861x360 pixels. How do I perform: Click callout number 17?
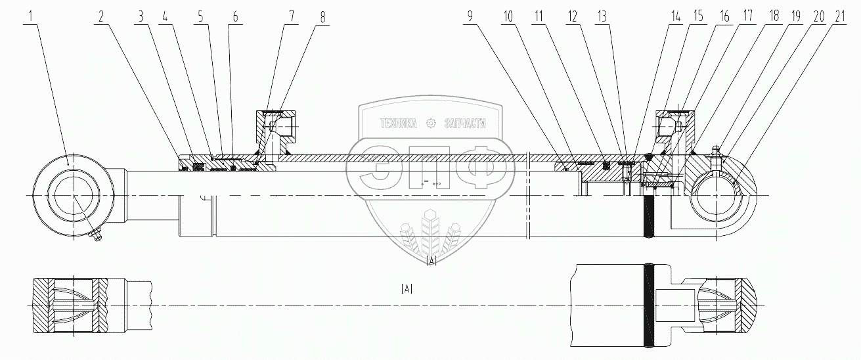(750, 18)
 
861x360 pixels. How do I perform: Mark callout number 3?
(140, 18)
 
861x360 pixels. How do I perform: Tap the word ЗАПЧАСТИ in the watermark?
(464, 123)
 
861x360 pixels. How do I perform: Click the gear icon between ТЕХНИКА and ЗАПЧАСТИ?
(431, 123)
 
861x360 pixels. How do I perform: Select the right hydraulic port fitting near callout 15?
(671, 125)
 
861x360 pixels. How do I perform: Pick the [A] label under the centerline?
(407, 288)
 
